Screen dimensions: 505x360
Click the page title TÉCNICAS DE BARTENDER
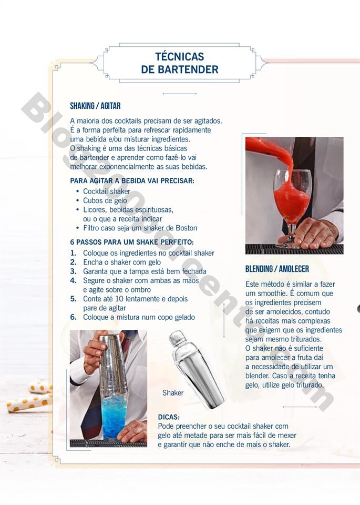point(180,63)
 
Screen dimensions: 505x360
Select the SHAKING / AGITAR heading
point(95,106)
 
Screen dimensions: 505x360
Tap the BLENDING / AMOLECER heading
point(277,269)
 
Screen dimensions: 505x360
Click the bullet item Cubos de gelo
point(105,200)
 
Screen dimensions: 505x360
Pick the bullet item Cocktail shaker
point(106,191)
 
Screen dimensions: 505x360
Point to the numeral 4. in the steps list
point(74,280)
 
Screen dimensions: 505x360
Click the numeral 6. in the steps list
point(74,317)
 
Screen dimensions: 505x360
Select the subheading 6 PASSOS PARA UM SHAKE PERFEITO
point(131,243)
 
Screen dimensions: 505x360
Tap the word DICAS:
point(169,417)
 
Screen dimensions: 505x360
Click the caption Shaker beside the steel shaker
point(173,392)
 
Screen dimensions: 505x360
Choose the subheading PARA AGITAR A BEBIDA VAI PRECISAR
point(132,181)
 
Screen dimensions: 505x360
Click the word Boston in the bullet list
point(185,228)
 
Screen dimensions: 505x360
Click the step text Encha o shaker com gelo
point(122,262)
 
